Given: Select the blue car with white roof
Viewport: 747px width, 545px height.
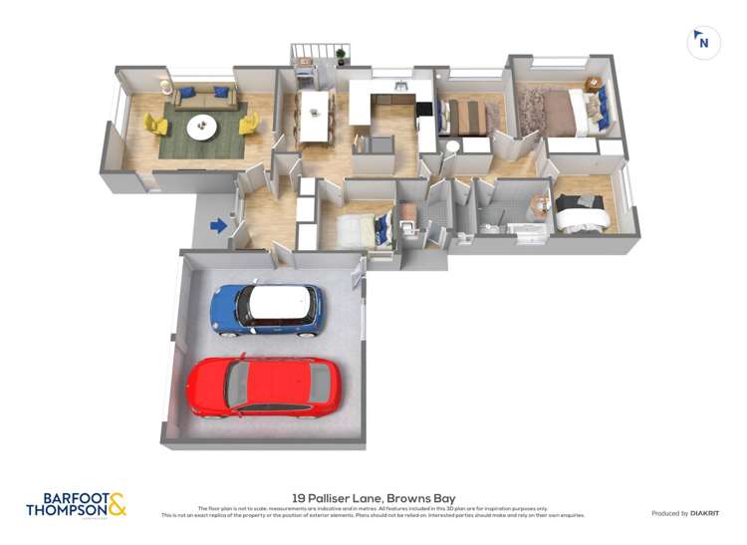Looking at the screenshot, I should click(x=267, y=309).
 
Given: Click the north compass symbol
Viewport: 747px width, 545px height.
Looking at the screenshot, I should click(x=703, y=43).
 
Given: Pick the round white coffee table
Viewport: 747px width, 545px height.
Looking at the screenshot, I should click(x=203, y=126).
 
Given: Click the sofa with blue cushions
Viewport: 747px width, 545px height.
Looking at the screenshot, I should click(x=202, y=97).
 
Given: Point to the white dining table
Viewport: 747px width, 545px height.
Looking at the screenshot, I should click(x=315, y=117).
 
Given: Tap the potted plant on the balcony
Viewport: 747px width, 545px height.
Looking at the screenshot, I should click(x=341, y=54).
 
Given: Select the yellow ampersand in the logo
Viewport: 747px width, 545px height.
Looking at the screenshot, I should click(x=118, y=503).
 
